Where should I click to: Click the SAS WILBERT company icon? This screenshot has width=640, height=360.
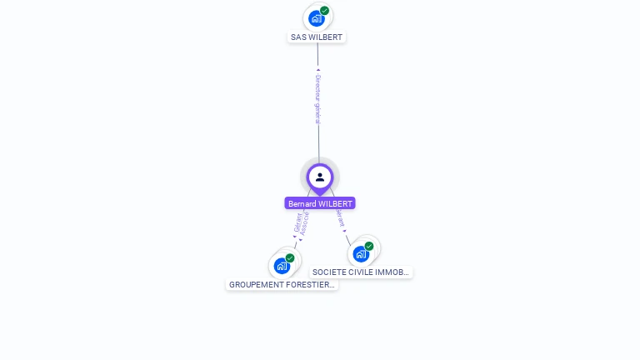pos(316,17)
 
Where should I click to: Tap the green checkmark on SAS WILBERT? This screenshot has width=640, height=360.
pos(324,11)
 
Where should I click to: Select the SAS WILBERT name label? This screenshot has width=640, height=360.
pos(317,37)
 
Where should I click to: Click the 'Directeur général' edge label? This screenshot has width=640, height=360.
pos(317,98)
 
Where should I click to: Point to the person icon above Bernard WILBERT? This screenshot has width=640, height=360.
pos(320,177)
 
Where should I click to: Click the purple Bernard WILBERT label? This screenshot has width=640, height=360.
pos(320,203)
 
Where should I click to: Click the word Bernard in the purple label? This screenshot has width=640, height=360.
pos(302,203)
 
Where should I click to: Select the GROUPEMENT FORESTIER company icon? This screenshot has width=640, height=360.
pos(282,267)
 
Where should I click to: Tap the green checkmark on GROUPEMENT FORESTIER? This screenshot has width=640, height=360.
pos(290,258)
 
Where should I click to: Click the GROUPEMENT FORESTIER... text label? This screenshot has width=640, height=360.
pos(282,285)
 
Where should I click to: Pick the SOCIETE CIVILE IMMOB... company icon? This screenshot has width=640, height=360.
pos(361,253)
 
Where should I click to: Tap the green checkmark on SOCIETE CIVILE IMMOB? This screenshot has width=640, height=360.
pos(369,246)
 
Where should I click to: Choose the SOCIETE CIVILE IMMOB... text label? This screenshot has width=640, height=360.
pos(361,272)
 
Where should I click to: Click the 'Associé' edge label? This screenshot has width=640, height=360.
pos(305,223)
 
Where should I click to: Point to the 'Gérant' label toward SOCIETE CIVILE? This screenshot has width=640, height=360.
pos(340,217)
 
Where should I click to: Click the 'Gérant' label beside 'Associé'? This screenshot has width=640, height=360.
pos(297,222)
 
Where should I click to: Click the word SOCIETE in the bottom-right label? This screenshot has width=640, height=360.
pos(328,272)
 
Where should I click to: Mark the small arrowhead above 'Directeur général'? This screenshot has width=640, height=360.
pos(317,70)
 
